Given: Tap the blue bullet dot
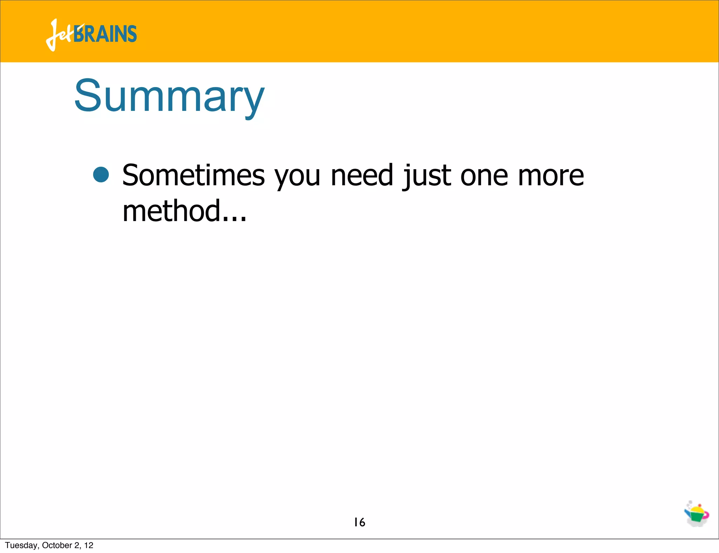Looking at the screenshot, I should (101, 174).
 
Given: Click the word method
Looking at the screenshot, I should (171, 211).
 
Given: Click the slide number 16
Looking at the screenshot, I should (359, 522).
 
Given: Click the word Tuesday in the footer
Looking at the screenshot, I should (21, 545).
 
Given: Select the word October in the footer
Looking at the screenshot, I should (57, 545).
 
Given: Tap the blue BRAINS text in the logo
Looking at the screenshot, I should (105, 34).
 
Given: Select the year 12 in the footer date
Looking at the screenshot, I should (89, 545).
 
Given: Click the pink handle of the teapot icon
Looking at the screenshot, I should (706, 515).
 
